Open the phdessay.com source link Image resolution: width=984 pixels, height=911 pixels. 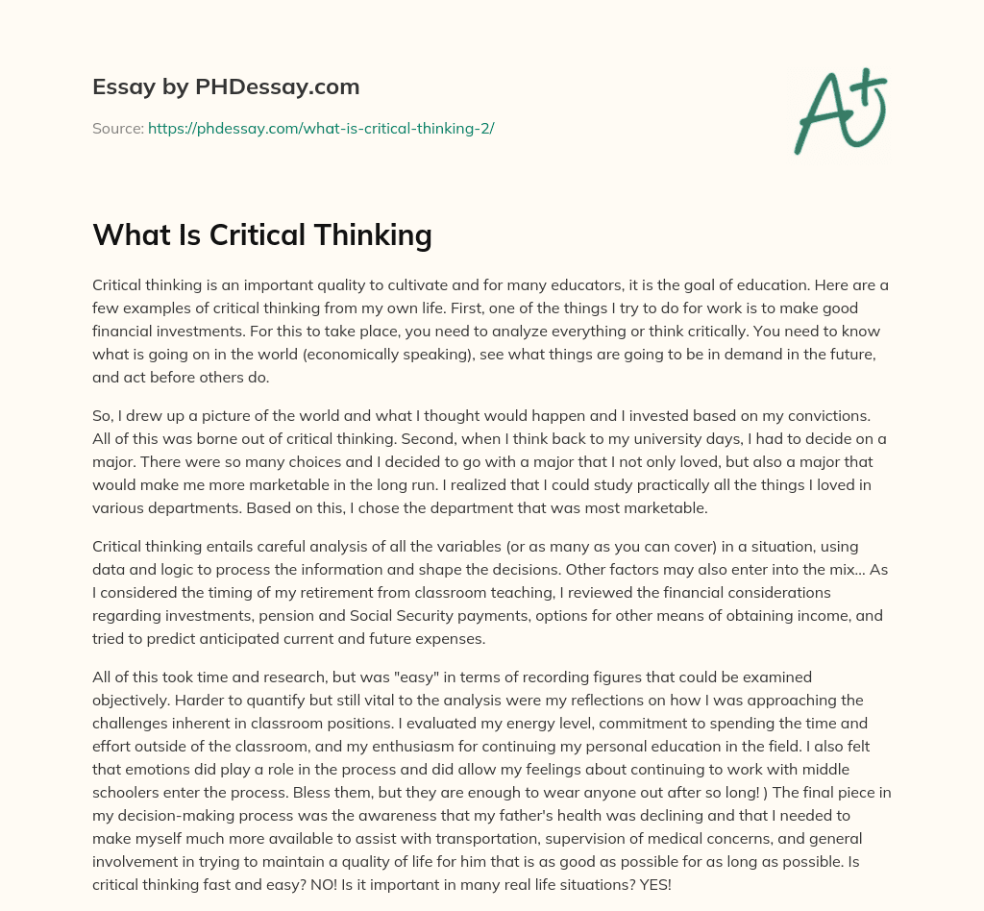tap(321, 128)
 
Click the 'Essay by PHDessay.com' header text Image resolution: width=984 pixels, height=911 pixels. tap(226, 87)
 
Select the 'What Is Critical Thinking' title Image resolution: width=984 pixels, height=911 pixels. tap(262, 234)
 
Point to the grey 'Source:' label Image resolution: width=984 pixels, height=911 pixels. tap(118, 128)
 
